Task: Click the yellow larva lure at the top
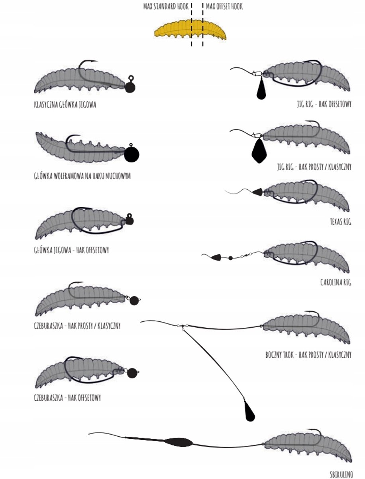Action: tap(190, 30)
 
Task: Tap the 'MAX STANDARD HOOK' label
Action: tap(166, 6)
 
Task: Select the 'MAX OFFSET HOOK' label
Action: tap(224, 6)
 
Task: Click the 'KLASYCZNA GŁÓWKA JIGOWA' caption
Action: tap(65, 105)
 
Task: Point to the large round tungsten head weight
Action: tap(131, 154)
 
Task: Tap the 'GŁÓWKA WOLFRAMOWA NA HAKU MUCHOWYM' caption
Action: tap(82, 176)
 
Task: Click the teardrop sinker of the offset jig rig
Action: tap(261, 88)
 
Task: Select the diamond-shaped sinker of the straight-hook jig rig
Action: tap(259, 151)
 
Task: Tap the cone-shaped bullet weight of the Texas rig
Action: tap(258, 192)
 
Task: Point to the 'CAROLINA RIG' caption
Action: tap(336, 283)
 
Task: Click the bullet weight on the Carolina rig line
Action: tap(216, 257)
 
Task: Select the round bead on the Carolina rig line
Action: tap(230, 258)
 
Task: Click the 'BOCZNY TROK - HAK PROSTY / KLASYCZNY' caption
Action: tap(308, 355)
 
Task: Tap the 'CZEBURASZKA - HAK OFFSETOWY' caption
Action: tap(67, 398)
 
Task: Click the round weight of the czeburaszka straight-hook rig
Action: tap(134, 301)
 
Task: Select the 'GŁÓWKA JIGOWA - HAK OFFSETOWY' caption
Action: tap(71, 250)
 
